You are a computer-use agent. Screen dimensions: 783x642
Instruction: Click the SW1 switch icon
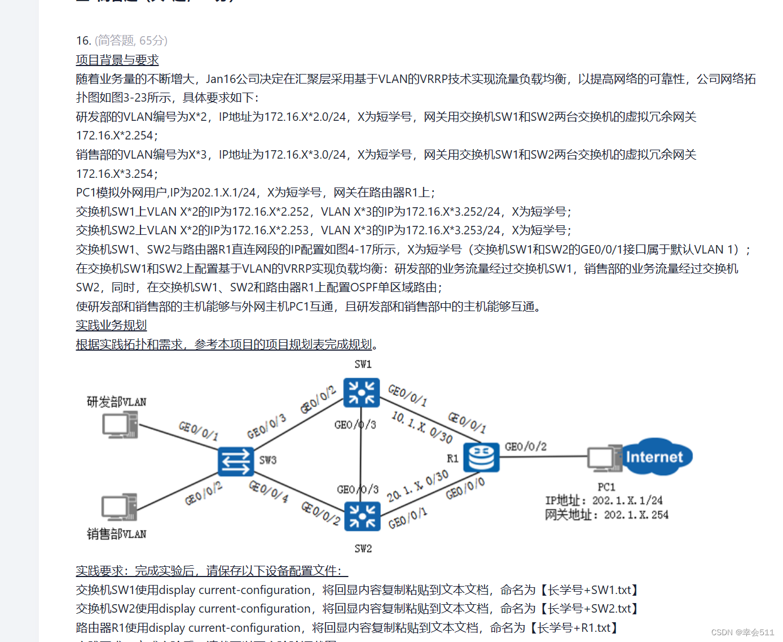361,392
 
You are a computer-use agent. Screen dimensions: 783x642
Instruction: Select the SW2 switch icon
362,516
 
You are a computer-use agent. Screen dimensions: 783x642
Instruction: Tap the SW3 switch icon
235,461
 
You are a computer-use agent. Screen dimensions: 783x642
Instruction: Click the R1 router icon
481,457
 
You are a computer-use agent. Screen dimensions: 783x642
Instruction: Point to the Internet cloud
654,457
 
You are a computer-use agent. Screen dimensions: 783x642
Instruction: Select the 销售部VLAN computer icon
119,507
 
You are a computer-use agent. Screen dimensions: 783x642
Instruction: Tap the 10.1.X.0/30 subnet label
422,427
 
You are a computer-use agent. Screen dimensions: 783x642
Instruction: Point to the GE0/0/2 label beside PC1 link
525,447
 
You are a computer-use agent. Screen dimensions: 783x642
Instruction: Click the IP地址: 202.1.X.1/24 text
604,500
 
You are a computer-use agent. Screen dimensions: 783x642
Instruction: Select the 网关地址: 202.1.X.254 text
606,515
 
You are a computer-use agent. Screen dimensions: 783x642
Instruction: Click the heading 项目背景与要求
117,60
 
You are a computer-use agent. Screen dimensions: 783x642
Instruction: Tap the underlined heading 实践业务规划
111,325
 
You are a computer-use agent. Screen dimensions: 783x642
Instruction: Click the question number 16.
83,41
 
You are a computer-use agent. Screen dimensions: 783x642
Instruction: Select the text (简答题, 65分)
131,41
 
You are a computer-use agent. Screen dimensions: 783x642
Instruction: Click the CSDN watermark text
742,632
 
